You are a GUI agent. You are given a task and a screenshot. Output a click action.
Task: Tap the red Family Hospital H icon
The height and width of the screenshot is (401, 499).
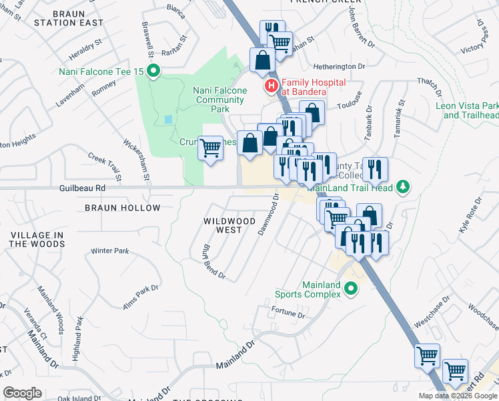[271, 86]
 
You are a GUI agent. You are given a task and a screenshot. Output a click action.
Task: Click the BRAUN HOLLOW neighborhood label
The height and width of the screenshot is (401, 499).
[123, 208]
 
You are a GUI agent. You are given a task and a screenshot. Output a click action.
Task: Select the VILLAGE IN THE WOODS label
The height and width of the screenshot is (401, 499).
[38, 239]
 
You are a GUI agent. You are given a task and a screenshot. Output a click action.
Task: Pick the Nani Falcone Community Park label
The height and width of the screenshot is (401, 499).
[219, 100]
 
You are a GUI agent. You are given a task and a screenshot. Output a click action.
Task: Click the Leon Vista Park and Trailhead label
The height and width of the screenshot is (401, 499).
[467, 110]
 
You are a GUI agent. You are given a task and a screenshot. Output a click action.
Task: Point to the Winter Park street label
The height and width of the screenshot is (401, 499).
[109, 251]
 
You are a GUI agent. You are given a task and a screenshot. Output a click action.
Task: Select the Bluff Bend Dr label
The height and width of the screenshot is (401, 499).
[213, 263]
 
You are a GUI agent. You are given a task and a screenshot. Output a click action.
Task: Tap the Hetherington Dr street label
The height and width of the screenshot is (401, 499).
[340, 66]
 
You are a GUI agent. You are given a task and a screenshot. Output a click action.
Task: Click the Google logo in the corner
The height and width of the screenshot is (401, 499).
[22, 393]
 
